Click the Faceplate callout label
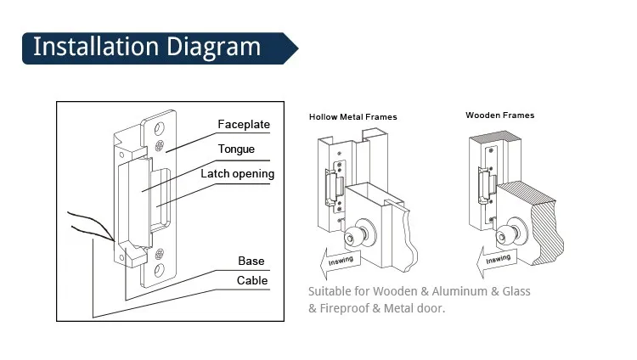tap(244, 124)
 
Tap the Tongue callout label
tap(236, 149)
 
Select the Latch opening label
tap(238, 174)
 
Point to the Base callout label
tap(251, 261)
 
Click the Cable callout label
tap(252, 280)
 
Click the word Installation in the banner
tap(96, 47)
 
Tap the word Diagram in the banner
tap(213, 48)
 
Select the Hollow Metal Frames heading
tap(353, 117)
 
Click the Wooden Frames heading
tap(500, 115)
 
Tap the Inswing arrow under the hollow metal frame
tap(340, 262)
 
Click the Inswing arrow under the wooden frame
tap(497, 261)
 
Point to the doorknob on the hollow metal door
tap(358, 234)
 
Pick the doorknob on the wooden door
tap(510, 233)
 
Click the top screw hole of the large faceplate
tap(160, 128)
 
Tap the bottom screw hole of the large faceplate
tap(160, 270)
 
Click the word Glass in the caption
tap(516, 291)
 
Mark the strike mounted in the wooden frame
tap(488, 185)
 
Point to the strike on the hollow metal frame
tap(335, 187)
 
